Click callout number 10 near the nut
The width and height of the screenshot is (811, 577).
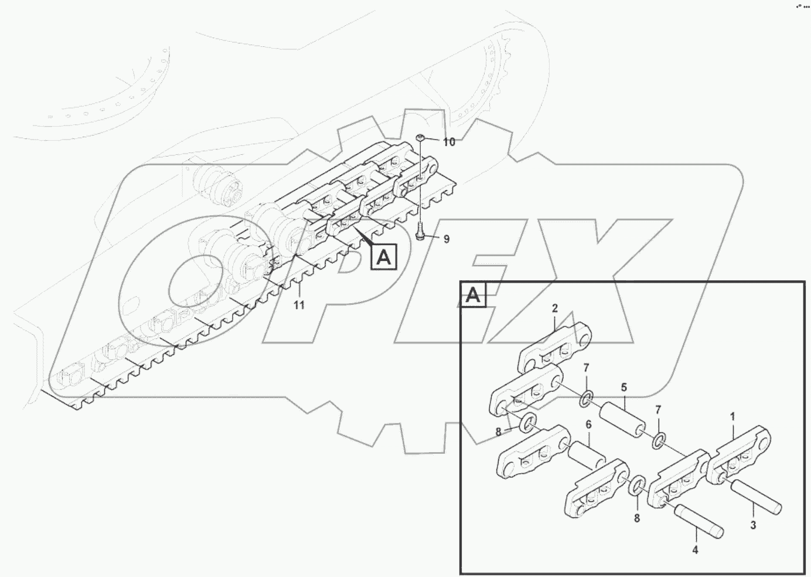(448, 142)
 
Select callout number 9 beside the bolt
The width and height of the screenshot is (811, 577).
(447, 239)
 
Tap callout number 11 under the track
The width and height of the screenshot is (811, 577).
(299, 305)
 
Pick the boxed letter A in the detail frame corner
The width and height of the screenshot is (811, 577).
(473, 295)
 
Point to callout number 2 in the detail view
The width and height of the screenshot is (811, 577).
(554, 308)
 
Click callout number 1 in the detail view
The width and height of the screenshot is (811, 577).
(732, 417)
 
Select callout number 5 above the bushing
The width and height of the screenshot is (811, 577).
(624, 388)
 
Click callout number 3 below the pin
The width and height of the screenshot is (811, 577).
(754, 525)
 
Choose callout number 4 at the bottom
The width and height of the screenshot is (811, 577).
(695, 550)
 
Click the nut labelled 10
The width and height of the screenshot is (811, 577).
(421, 138)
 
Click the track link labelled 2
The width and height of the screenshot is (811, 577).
(556, 348)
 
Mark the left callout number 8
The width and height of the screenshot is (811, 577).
(499, 432)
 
